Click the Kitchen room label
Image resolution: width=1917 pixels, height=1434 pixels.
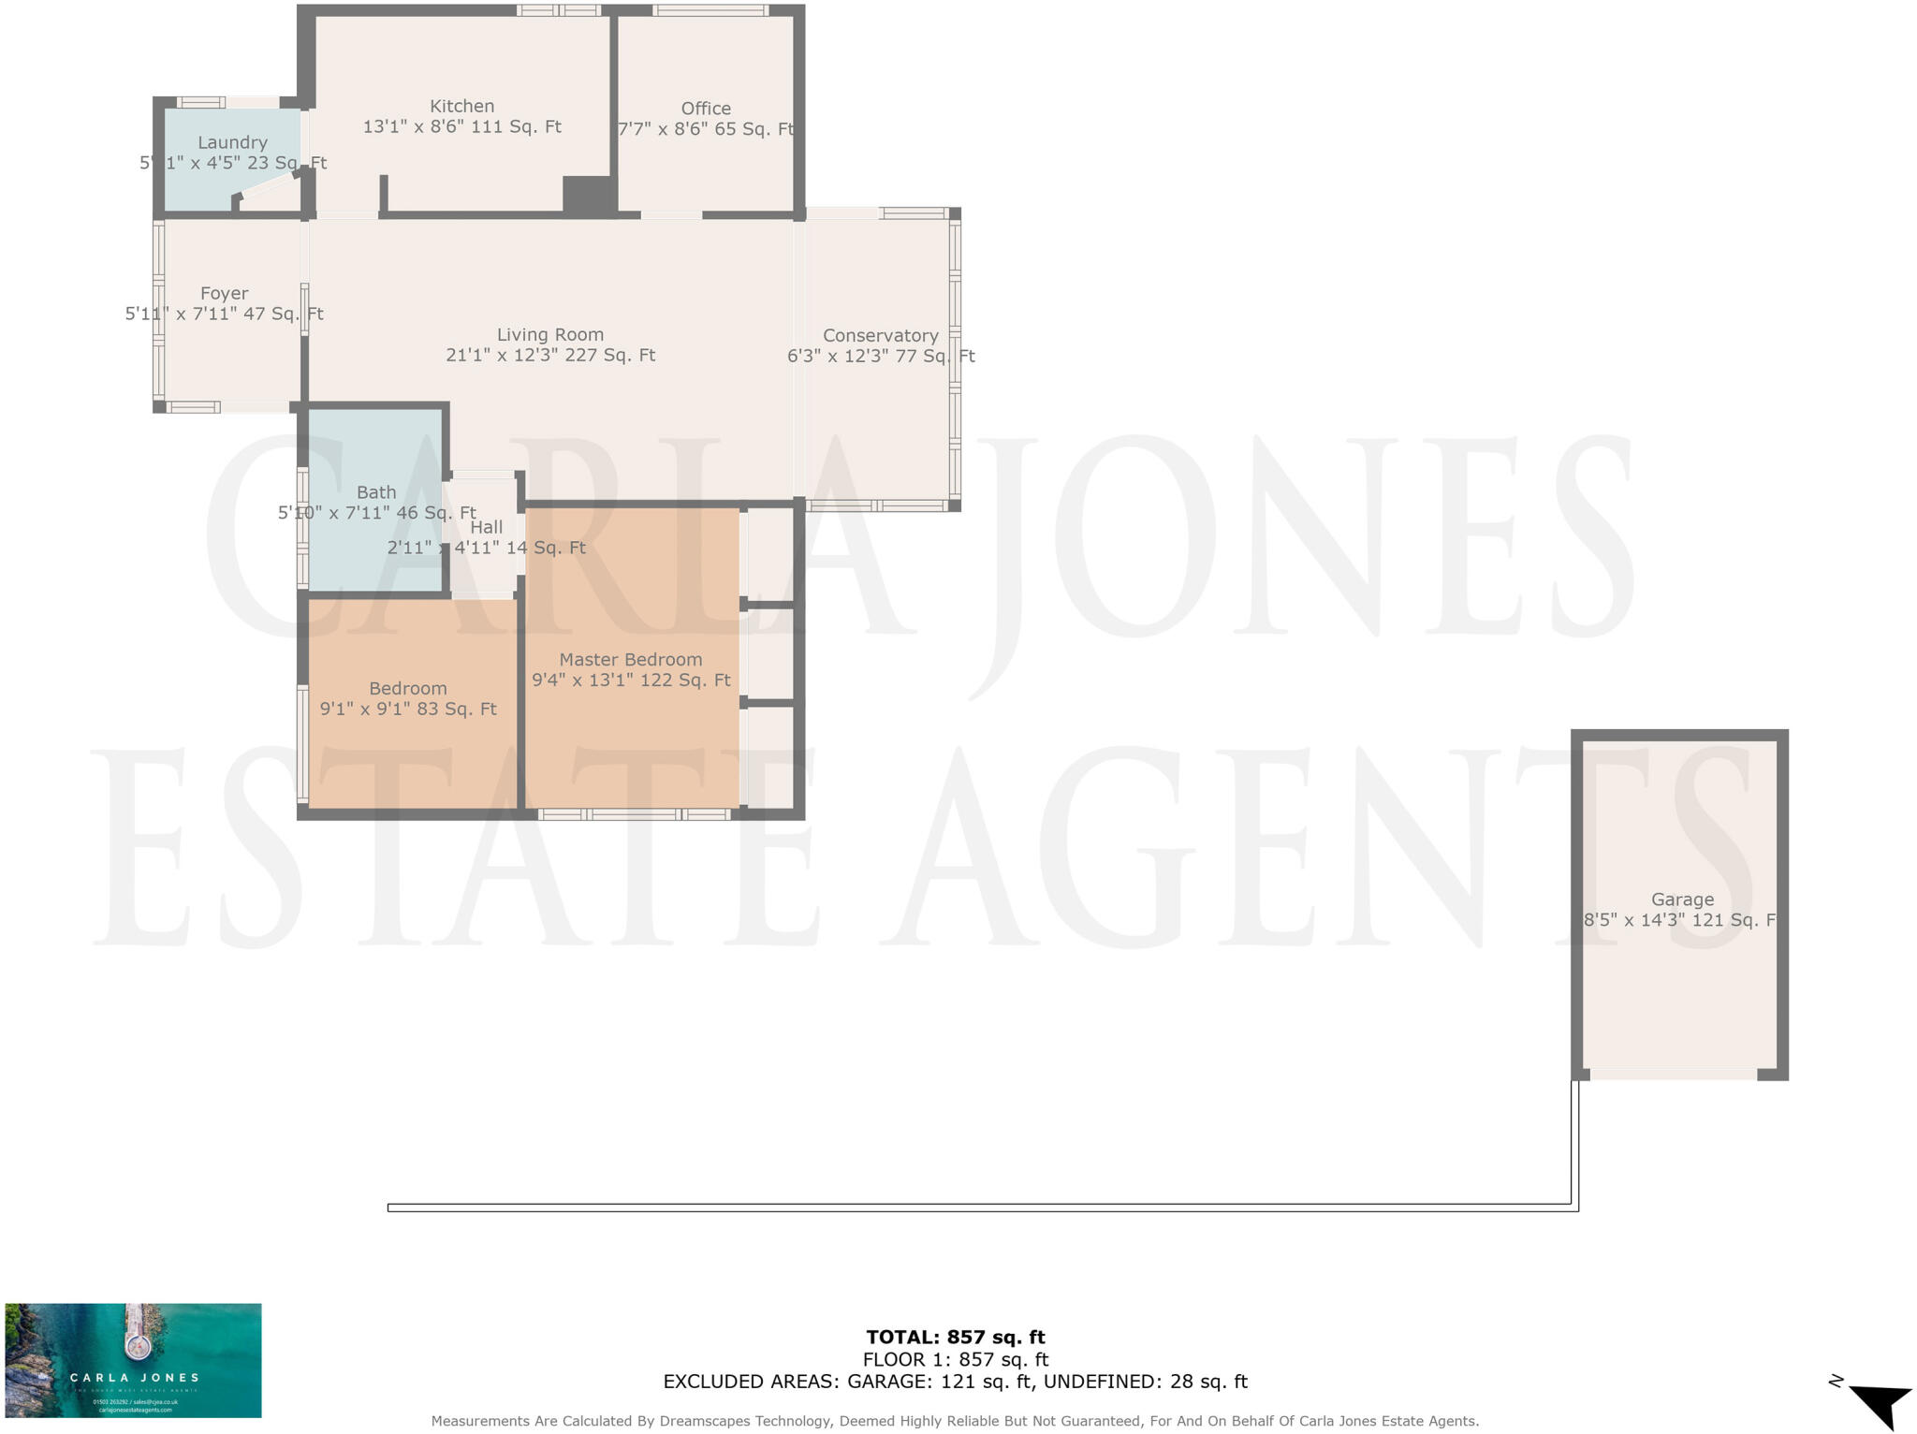coord(461,107)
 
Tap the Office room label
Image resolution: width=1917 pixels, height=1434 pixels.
coord(706,109)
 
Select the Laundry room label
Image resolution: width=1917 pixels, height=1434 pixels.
coord(232,142)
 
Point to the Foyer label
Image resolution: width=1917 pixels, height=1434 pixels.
coord(225,293)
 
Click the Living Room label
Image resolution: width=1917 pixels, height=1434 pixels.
coord(550,334)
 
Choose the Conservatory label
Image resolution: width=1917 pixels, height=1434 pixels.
coord(880,335)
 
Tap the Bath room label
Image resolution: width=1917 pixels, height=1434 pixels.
coord(376,492)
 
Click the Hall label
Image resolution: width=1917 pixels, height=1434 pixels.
coord(487,527)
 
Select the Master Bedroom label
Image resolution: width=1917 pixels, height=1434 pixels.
coord(631,659)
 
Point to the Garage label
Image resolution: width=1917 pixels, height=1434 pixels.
coord(1682,900)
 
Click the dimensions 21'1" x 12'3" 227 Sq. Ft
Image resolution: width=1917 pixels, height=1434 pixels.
coord(550,356)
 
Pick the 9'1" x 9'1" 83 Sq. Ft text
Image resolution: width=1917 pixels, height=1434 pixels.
coord(408,710)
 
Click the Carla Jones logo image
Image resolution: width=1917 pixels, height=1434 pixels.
coord(133,1360)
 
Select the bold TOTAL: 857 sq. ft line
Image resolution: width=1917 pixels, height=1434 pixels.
coord(955,1337)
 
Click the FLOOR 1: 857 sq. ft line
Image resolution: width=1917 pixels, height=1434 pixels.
coord(955,1359)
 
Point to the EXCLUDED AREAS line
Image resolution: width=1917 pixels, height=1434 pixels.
coord(955,1382)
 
